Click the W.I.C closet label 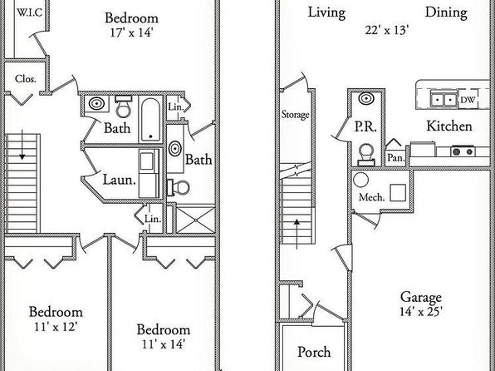[29, 12]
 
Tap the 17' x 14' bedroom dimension [132, 32]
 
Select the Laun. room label [120, 180]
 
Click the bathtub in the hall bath [150, 119]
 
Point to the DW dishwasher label [468, 100]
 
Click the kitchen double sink [444, 100]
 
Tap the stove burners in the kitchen [463, 151]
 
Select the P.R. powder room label [365, 126]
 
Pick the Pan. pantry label [396, 157]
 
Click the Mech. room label [371, 197]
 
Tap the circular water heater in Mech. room [360, 180]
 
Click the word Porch [314, 352]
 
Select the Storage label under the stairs [295, 114]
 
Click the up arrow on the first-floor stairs [297, 234]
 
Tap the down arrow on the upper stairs [22, 145]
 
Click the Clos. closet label [25, 78]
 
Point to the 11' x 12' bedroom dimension [56, 326]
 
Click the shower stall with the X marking [195, 220]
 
